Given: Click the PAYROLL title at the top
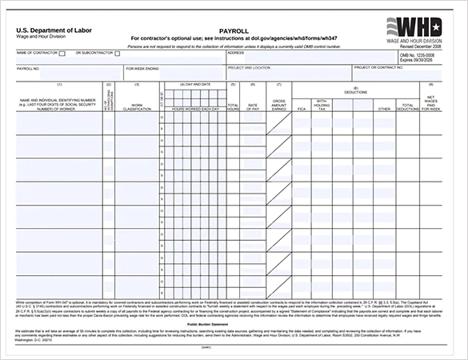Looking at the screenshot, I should click(x=234, y=30).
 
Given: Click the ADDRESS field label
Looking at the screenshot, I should click(x=235, y=53).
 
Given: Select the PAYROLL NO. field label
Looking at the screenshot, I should click(x=30, y=69).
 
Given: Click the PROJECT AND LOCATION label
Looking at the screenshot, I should click(x=249, y=68).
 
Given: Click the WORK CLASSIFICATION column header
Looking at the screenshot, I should click(x=137, y=106).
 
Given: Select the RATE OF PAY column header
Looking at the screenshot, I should click(x=253, y=106).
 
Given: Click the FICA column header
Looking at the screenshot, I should click(x=302, y=106).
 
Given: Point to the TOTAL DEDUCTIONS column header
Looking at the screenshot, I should click(x=408, y=106).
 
